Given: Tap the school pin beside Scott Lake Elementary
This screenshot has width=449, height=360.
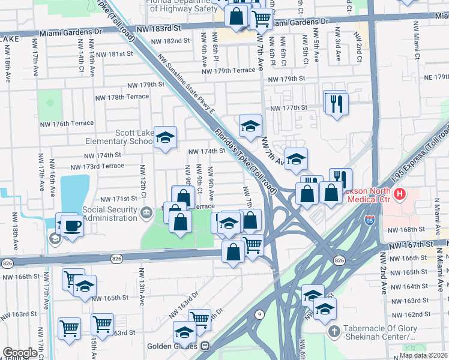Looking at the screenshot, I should pyautogui.click(x=165, y=138).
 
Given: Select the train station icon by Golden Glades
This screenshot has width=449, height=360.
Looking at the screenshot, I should pyautogui.click(x=205, y=347).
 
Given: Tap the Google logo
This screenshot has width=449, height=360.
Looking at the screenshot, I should pyautogui.click(x=20, y=353).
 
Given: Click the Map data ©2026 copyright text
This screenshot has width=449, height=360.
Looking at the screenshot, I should pyautogui.click(x=423, y=355).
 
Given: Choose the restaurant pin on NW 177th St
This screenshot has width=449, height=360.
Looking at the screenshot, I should pyautogui.click(x=335, y=102).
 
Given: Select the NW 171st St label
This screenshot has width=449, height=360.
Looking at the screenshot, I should pyautogui.click(x=119, y=199).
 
